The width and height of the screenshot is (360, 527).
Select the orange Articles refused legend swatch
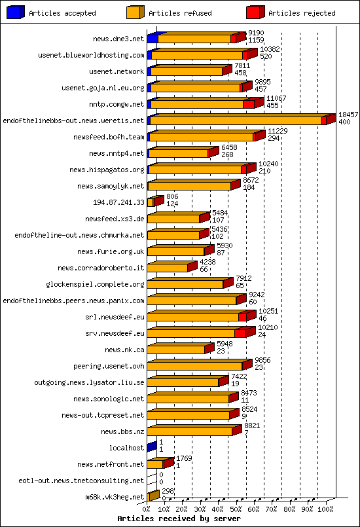(135, 12)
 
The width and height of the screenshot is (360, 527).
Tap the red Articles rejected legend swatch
(255, 12)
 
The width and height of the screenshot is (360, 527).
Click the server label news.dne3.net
(118, 39)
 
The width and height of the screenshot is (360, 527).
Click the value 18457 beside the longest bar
(348, 114)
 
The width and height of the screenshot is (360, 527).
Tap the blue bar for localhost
(152, 447)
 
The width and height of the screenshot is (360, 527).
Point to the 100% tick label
(325, 508)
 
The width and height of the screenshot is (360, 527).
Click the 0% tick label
(147, 508)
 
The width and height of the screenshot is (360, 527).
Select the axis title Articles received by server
(179, 518)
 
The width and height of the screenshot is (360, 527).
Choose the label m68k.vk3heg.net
(114, 497)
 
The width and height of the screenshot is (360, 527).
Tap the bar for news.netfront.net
(159, 463)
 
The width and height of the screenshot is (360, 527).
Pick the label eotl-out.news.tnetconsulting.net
(81, 481)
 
